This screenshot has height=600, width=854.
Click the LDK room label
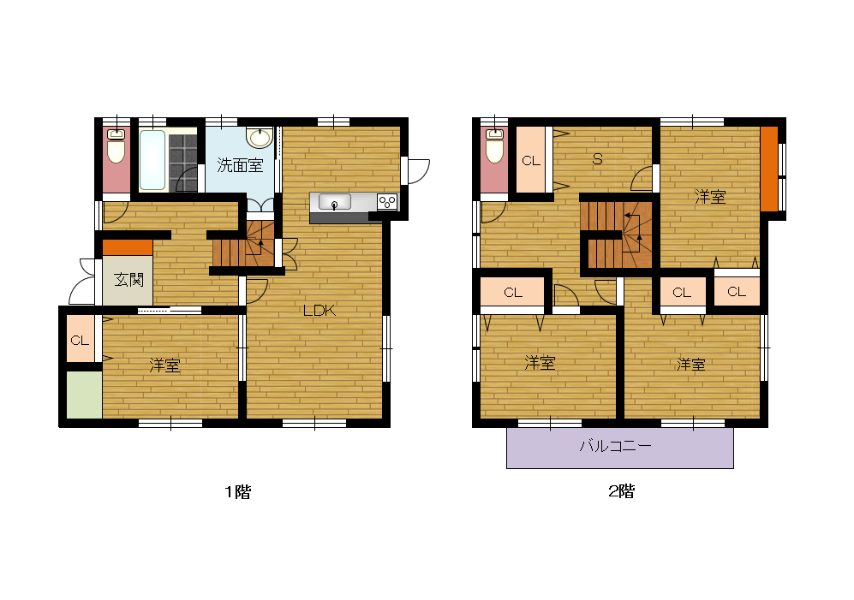(320, 311)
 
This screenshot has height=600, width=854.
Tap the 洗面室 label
(240, 165)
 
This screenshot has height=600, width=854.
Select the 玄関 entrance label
(129, 280)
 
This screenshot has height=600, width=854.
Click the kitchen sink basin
(334, 203)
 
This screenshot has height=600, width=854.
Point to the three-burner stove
(387, 203)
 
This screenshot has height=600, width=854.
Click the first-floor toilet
(116, 146)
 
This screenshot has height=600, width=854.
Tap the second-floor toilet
(494, 146)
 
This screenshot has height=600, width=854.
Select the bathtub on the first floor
(152, 159)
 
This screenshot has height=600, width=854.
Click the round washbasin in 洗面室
(260, 138)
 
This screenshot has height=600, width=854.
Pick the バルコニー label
(616, 447)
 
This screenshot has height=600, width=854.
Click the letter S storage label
(598, 159)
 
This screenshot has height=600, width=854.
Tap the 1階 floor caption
(237, 492)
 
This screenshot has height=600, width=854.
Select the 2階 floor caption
(621, 491)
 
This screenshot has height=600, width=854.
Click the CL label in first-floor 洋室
(80, 341)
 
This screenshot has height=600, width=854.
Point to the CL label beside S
(531, 161)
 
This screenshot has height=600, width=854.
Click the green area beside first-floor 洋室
(85, 395)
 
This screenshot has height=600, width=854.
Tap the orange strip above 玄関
(128, 247)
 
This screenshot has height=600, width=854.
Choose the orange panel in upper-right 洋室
(769, 169)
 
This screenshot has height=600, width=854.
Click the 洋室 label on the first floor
(165, 365)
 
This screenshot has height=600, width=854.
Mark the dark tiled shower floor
(183, 163)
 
